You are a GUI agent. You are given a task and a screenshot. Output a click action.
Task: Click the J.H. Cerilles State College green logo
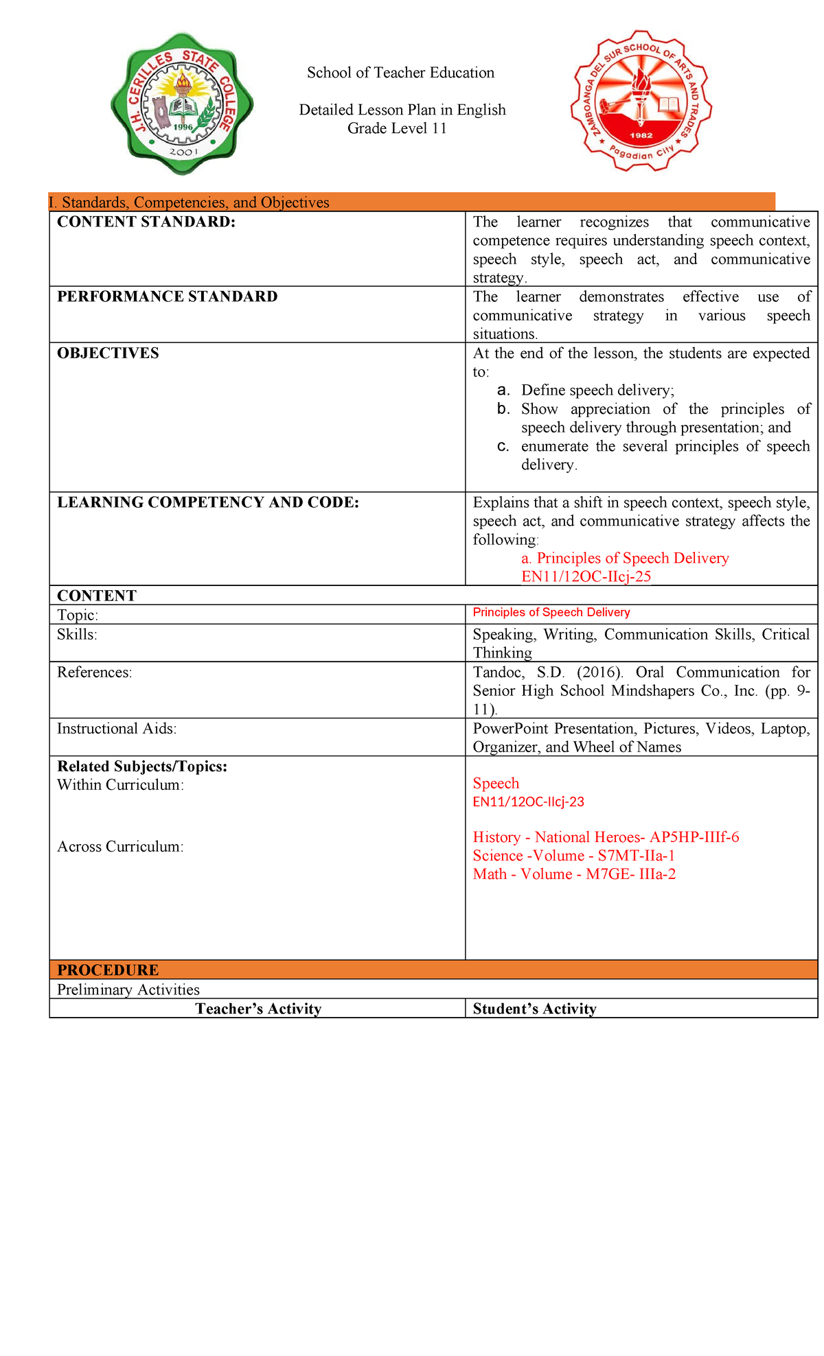click(182, 104)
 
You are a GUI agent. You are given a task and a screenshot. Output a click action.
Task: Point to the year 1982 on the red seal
click(641, 135)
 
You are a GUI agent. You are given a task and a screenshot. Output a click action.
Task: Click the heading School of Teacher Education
click(400, 73)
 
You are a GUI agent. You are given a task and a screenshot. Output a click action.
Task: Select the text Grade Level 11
click(397, 128)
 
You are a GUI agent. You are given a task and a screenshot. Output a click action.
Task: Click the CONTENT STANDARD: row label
click(146, 222)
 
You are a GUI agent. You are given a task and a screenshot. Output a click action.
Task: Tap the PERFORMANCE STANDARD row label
click(168, 296)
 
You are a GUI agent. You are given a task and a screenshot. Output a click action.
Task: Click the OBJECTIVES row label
click(108, 353)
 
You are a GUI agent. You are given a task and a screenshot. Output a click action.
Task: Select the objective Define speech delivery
click(597, 390)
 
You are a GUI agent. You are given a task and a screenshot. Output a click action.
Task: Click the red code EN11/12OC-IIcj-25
click(586, 576)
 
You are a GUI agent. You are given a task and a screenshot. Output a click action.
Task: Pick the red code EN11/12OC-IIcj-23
click(528, 802)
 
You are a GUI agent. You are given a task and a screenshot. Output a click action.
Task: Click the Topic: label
click(78, 615)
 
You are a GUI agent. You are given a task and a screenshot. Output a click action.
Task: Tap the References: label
click(94, 673)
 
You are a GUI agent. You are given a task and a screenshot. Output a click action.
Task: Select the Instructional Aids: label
click(117, 729)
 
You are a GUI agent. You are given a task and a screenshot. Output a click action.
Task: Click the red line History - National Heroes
click(606, 837)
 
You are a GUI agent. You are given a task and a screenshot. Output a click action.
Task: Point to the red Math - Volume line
click(574, 874)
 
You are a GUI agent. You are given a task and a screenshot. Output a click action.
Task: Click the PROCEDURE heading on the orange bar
click(108, 970)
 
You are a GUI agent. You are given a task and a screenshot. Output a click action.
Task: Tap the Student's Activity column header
click(534, 1009)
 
